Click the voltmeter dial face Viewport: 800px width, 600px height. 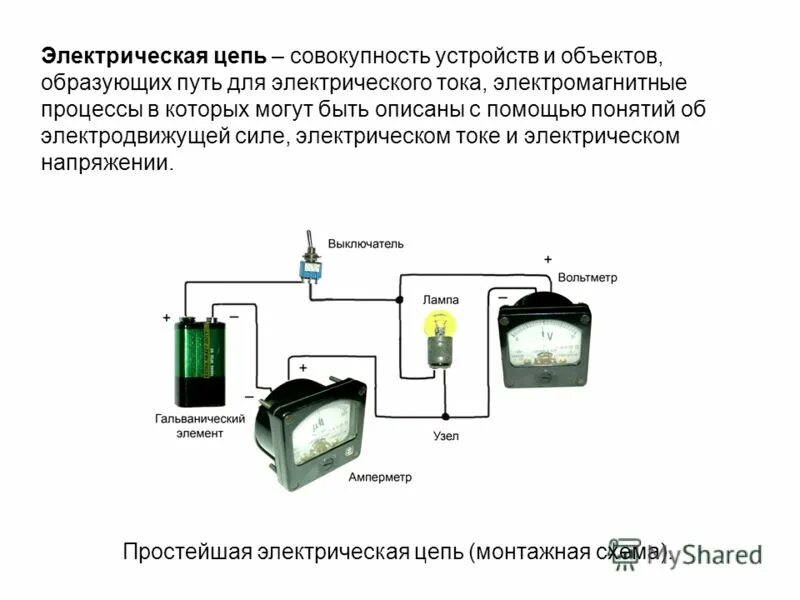click(x=545, y=340)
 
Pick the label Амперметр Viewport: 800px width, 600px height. click(x=380, y=477)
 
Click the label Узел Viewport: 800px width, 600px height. click(x=446, y=437)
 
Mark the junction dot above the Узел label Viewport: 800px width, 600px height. click(x=446, y=416)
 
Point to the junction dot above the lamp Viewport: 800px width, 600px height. click(x=399, y=299)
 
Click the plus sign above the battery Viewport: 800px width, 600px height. click(x=166, y=317)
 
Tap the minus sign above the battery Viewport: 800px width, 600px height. click(x=233, y=317)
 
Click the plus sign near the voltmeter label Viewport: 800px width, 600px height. click(x=547, y=259)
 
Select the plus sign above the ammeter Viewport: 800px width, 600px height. click(x=303, y=340)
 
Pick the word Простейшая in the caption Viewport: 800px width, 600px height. click(x=187, y=552)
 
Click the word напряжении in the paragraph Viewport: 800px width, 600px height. click(x=106, y=163)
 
